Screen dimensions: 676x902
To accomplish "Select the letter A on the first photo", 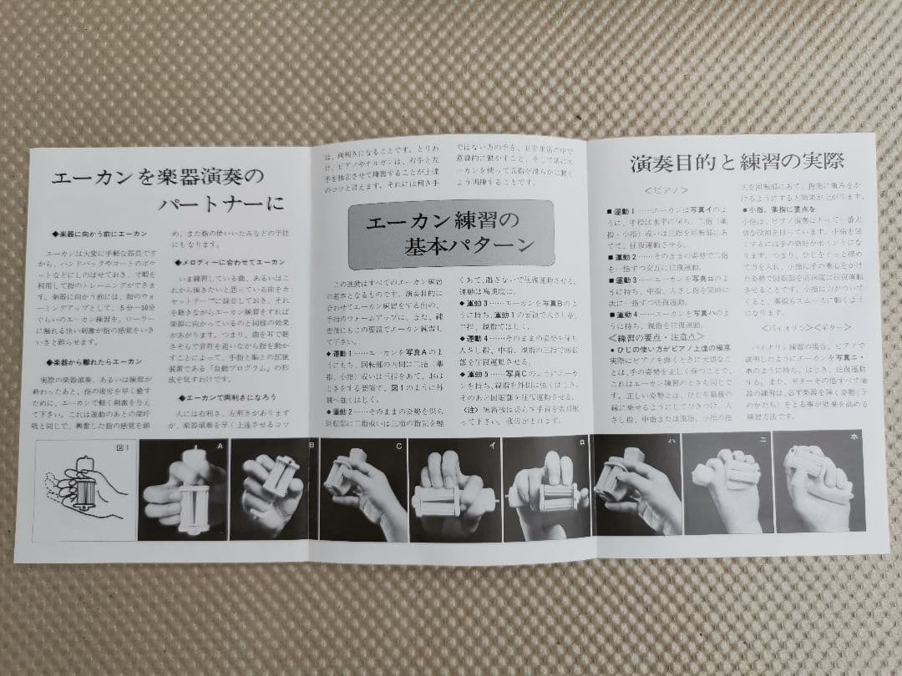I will [x=220, y=446].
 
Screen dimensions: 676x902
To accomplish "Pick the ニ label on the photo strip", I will [x=761, y=440].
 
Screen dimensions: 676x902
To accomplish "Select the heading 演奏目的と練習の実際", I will [x=738, y=162].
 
